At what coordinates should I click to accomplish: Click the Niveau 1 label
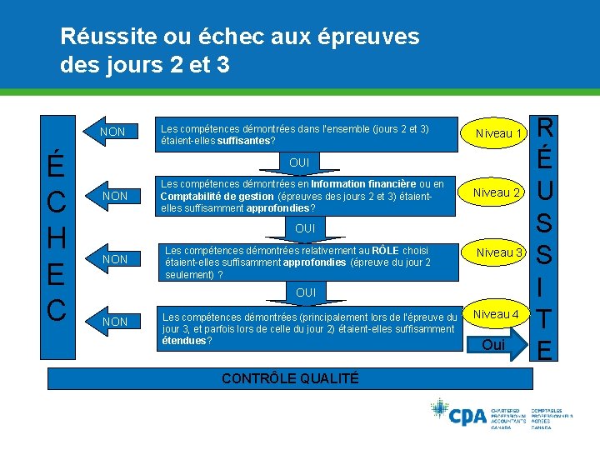497,133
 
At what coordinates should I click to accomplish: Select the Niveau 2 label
497,193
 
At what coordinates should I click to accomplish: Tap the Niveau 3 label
499,252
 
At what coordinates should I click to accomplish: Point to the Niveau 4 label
497,314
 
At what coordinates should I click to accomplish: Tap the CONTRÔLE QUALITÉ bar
289,378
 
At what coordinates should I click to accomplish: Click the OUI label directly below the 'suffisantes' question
299,162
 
